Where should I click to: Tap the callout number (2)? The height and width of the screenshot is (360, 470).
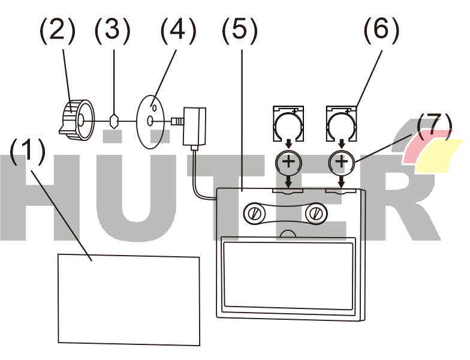click(57, 30)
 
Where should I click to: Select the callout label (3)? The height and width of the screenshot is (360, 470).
click(113, 30)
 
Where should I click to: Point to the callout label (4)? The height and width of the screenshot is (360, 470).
click(178, 30)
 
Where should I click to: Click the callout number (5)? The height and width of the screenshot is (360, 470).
click(240, 30)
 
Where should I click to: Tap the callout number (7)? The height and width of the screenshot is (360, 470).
click(434, 127)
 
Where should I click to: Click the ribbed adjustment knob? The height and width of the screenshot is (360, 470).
click(76, 121)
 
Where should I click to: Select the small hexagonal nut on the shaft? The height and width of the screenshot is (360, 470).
click(114, 121)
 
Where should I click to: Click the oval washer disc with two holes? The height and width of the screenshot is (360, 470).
click(150, 121)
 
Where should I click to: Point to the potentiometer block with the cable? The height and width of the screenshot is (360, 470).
click(194, 127)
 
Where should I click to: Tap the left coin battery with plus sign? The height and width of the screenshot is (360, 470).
click(289, 162)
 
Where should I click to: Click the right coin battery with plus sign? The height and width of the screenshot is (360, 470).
click(342, 162)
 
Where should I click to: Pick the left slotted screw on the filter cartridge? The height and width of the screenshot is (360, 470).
click(255, 214)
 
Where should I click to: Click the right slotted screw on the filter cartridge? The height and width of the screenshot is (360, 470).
click(315, 214)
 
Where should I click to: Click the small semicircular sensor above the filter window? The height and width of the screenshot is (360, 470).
click(288, 233)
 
